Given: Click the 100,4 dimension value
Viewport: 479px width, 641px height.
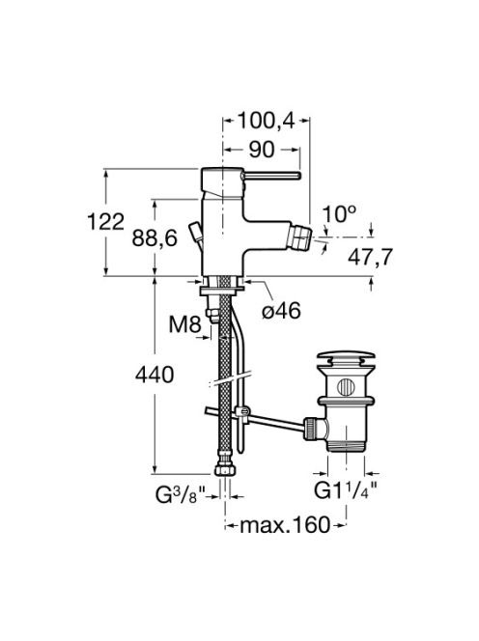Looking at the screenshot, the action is click(x=266, y=121).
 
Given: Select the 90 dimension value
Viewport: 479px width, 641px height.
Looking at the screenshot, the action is click(x=262, y=150).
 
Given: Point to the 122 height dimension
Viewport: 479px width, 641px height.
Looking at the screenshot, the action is click(x=105, y=222).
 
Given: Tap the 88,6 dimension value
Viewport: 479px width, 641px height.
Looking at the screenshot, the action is click(x=155, y=238).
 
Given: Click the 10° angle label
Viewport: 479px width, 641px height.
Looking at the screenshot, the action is click(x=339, y=213).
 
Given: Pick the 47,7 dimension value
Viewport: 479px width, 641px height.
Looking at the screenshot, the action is click(x=370, y=257).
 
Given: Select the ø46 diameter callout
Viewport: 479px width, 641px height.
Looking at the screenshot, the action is click(x=281, y=311).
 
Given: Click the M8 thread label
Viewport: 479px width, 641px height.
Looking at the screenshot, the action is click(x=185, y=325).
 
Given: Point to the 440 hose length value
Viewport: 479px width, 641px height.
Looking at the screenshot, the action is click(x=155, y=375).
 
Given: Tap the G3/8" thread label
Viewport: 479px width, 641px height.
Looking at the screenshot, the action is click(x=178, y=495).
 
